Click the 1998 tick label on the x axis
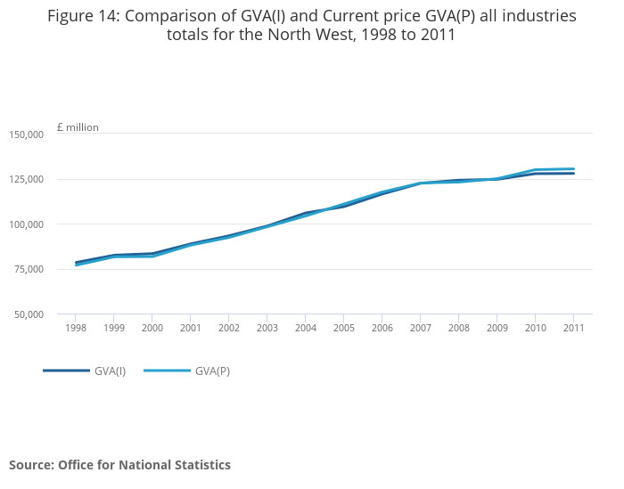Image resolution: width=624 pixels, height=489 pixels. pyautogui.click(x=75, y=328)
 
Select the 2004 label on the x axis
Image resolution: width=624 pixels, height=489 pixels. pyautogui.click(x=305, y=328)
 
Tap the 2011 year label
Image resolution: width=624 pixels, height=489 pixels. pyautogui.click(x=574, y=328)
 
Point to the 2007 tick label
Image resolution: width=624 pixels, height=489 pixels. pyautogui.click(x=420, y=328)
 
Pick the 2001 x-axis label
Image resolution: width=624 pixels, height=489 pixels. pyautogui.click(x=190, y=328)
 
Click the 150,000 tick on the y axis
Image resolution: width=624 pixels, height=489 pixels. pyautogui.click(x=26, y=134)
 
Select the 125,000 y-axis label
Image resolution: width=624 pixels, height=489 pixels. pyautogui.click(x=26, y=179)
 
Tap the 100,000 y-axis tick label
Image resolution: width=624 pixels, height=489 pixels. pyautogui.click(x=26, y=224)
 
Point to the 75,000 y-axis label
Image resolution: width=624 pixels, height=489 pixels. pyautogui.click(x=29, y=269)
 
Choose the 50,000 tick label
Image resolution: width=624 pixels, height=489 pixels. pyautogui.click(x=29, y=314)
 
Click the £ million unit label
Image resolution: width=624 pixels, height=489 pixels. pyautogui.click(x=78, y=127)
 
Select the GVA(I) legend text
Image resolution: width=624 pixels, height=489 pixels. pyautogui.click(x=111, y=371)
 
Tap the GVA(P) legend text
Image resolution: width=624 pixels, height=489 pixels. pyautogui.click(x=212, y=371)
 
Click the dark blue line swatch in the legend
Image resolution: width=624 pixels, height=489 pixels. pyautogui.click(x=66, y=371)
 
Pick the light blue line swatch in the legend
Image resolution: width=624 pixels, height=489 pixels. pyautogui.click(x=167, y=371)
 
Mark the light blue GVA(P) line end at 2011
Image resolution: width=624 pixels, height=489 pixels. pyautogui.click(x=574, y=168)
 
